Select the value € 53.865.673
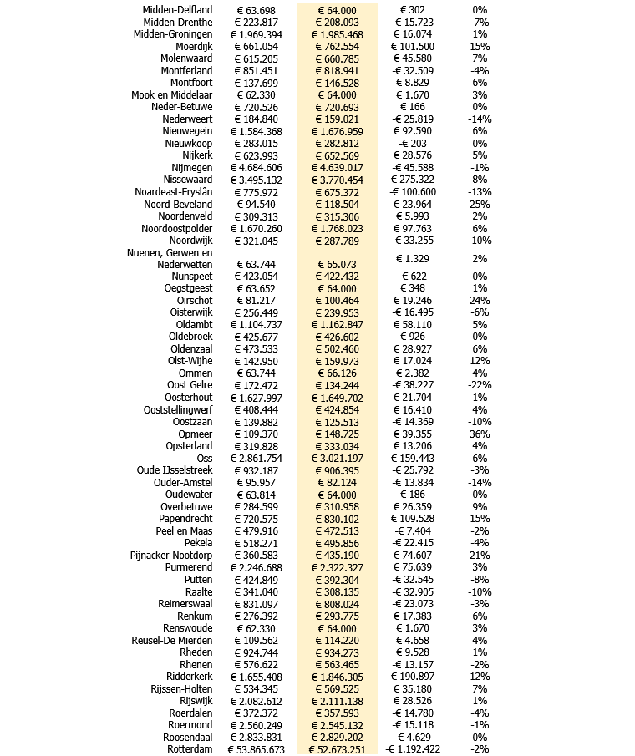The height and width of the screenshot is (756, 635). click(x=257, y=749)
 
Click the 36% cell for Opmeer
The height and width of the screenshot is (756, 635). click(x=480, y=434)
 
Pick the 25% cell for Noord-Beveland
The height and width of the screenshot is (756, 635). click(x=480, y=204)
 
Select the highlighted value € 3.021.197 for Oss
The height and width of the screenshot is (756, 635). click(x=337, y=459)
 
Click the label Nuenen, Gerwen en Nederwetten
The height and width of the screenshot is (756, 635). click(x=170, y=258)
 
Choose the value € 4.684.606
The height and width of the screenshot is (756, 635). click(x=257, y=167)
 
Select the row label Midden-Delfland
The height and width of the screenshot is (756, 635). click(x=177, y=10)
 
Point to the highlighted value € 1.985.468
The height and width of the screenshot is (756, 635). click(x=337, y=34)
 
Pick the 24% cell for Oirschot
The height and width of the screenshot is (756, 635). click(x=480, y=301)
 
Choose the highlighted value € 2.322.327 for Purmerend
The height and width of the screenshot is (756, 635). click(x=337, y=567)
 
